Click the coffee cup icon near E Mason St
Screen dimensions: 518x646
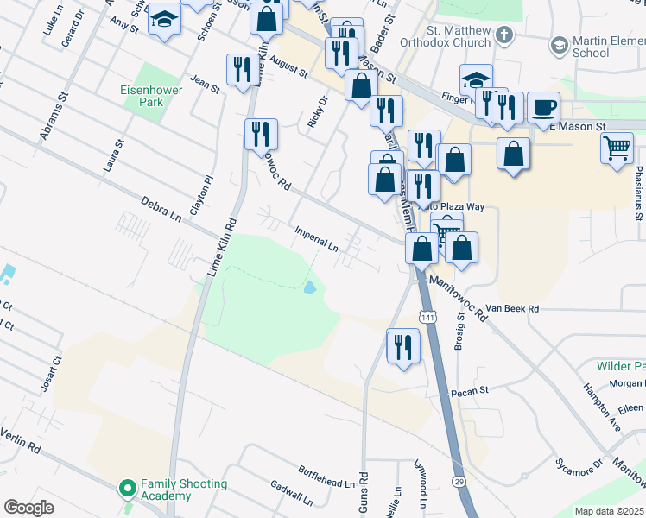click(x=543, y=108)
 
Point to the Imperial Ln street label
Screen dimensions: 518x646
click(x=316, y=238)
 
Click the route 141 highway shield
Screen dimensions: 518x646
click(x=429, y=318)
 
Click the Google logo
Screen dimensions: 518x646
click(x=28, y=508)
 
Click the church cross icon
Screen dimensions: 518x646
click(x=504, y=36)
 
